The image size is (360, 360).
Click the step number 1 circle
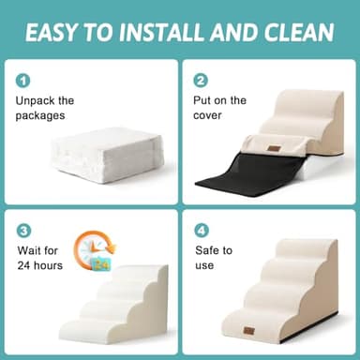23,81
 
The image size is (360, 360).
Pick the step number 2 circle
201,81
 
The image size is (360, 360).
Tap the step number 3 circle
23,231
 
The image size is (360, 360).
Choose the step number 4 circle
201,231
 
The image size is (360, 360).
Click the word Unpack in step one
36,100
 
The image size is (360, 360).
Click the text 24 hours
41,266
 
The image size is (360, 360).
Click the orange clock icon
95,251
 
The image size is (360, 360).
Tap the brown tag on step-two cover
274,147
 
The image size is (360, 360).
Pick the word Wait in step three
30,249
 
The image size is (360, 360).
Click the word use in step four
204,266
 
